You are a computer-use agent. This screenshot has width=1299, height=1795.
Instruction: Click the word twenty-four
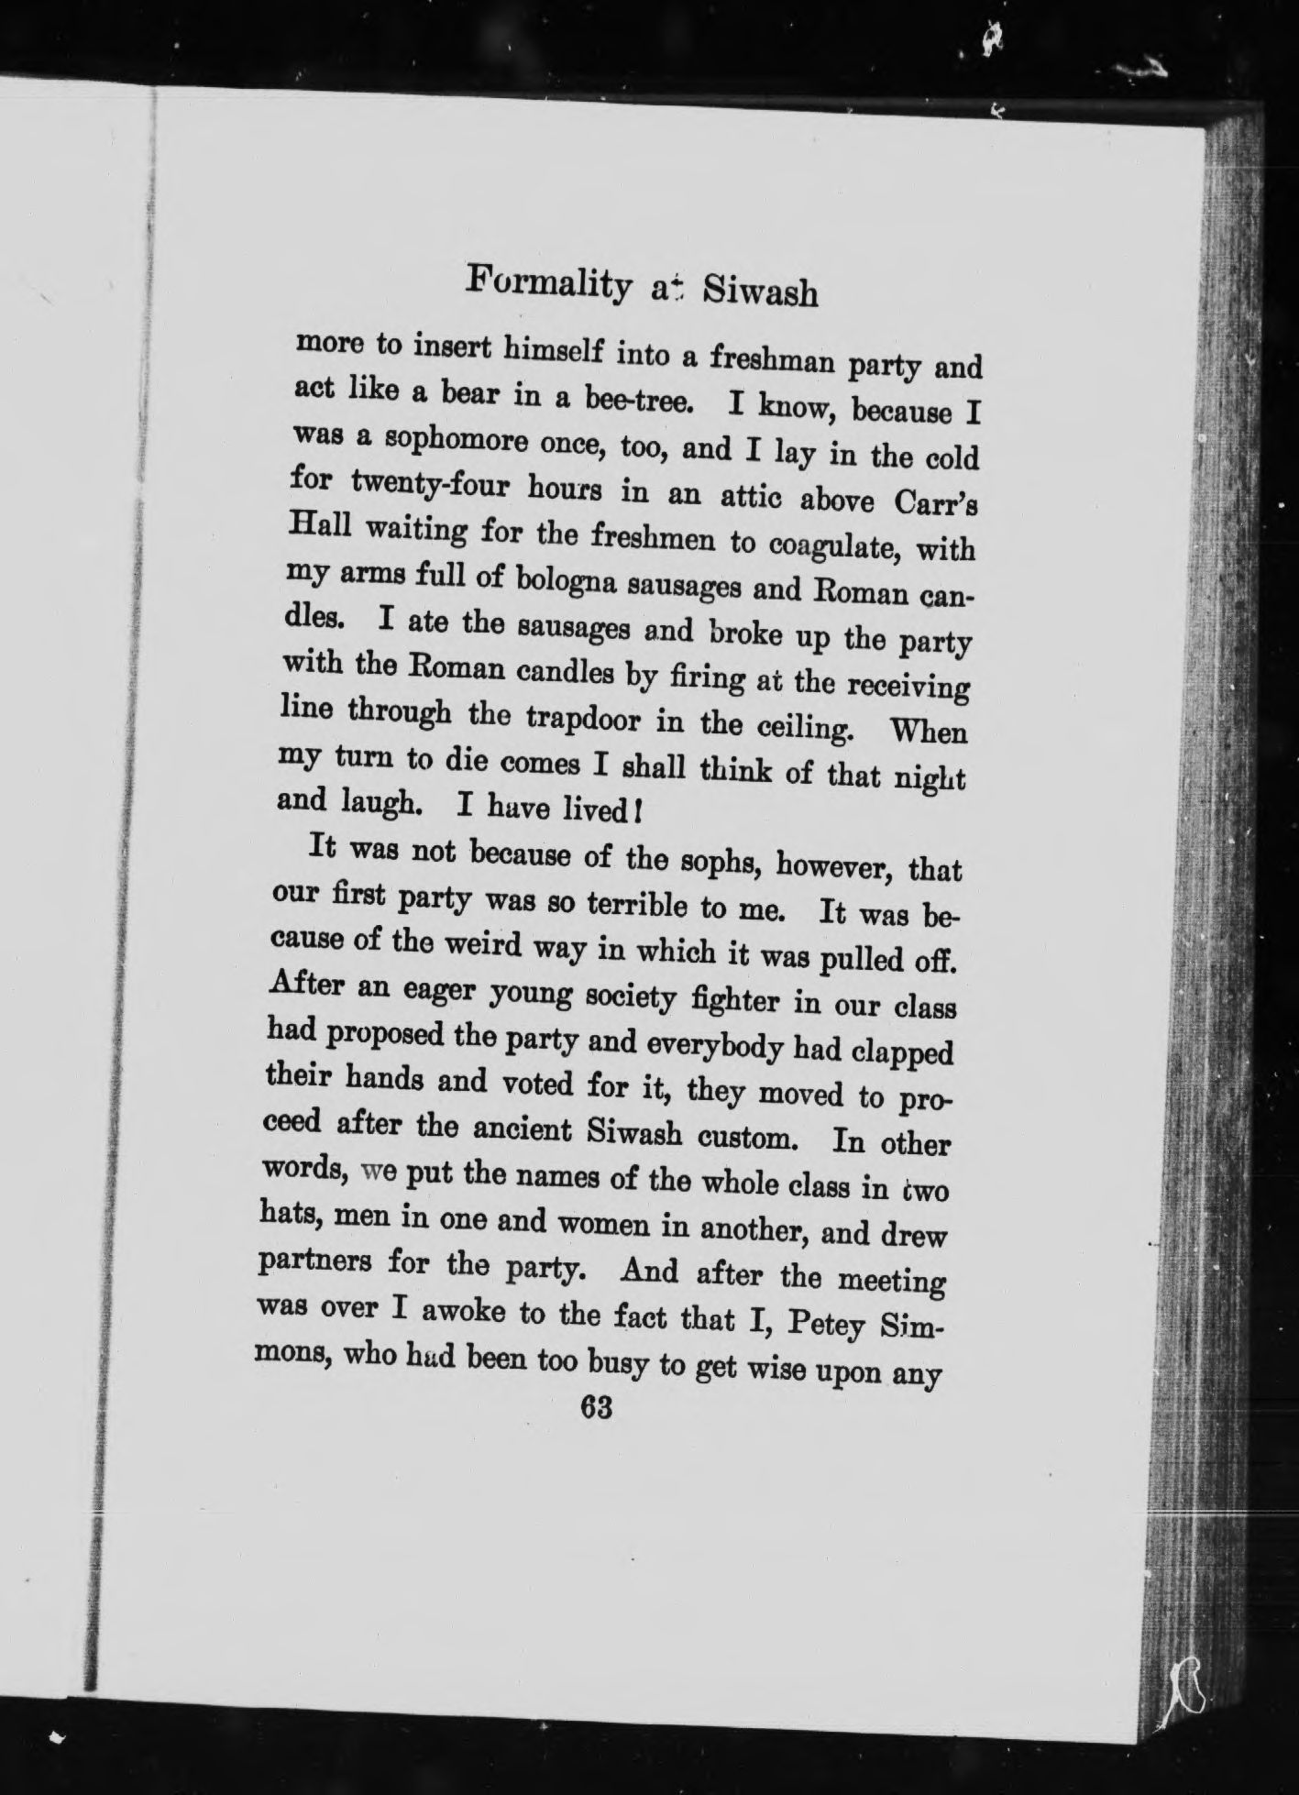[x=423, y=487]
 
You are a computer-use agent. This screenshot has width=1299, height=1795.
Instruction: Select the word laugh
[x=377, y=804]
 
